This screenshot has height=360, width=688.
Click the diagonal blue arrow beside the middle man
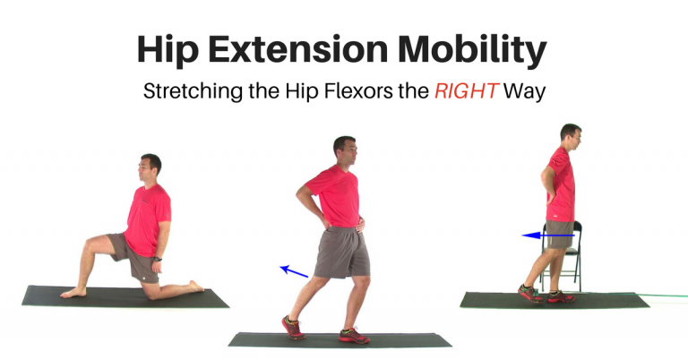coord(294,270)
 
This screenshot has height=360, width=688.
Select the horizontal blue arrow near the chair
coord(547,236)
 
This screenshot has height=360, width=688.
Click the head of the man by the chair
coord(570,134)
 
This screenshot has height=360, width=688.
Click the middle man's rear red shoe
coord(293,327)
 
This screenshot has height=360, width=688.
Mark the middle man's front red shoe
coord(354,337)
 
